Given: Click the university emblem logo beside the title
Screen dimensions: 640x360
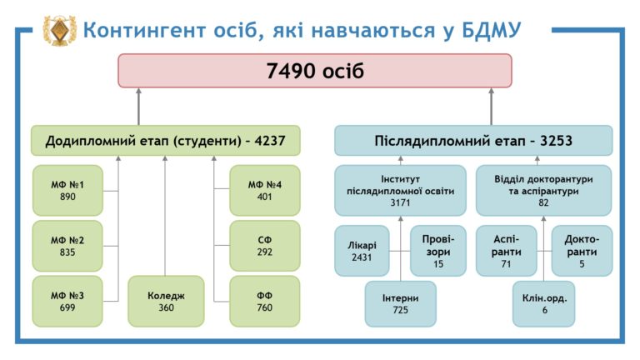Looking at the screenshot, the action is click(x=60, y=30).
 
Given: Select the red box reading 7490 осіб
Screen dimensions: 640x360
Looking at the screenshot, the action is click(x=315, y=71).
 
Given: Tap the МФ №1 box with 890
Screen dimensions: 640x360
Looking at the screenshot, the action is click(x=67, y=191).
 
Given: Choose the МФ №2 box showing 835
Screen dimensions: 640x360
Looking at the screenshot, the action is click(x=67, y=246).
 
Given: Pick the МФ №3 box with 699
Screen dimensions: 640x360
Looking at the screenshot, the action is click(x=67, y=302).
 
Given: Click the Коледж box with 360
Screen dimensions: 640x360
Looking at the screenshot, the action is click(x=166, y=302).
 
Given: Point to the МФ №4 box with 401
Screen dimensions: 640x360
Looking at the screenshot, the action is click(x=265, y=191).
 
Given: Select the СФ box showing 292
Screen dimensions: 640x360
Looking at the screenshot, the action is click(x=265, y=246).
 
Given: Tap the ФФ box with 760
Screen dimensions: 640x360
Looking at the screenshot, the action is click(x=265, y=302).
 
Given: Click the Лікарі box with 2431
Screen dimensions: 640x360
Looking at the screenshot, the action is click(x=362, y=251).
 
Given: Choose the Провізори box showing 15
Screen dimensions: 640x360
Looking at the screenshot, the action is click(x=438, y=251).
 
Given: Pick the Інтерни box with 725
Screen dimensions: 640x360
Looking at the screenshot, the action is click(x=400, y=304).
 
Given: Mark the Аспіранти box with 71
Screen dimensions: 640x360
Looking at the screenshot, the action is click(x=506, y=251).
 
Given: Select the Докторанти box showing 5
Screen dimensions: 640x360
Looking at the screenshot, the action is click(x=582, y=251).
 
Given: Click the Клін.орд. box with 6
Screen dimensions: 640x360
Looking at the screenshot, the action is click(x=544, y=304).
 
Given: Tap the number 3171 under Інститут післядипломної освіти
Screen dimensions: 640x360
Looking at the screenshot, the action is click(x=400, y=202).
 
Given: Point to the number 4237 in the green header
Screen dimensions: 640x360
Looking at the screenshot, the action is click(x=270, y=141).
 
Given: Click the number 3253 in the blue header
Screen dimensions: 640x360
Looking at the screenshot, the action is click(x=557, y=141).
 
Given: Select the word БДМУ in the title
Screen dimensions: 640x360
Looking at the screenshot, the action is click(x=492, y=31).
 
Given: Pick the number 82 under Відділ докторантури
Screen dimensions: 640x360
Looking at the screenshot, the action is click(x=543, y=202).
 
